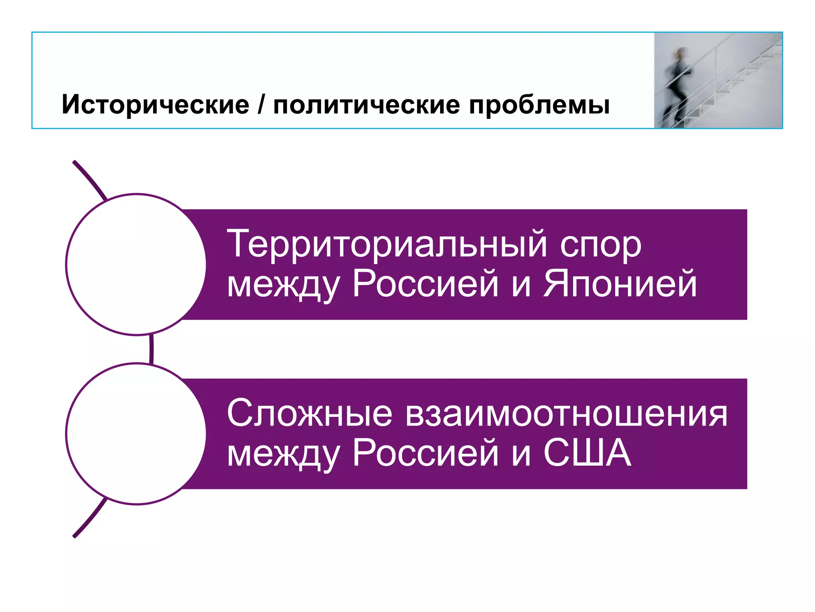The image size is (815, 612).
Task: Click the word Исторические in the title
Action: [x=155, y=105]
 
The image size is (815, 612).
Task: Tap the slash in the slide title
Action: [x=261, y=105]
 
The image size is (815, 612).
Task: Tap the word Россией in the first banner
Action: [x=425, y=284]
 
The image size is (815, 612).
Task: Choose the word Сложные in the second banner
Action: [x=309, y=414]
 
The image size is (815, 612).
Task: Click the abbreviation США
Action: [x=587, y=453]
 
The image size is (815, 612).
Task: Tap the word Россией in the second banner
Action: [x=425, y=453]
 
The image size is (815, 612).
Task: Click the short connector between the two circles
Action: [x=152, y=349]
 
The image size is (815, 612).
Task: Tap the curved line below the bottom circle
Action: [x=90, y=519]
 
